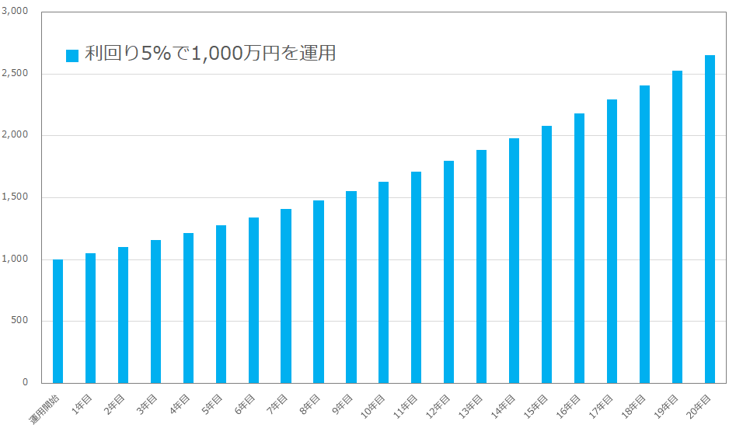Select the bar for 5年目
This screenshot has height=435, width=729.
(221, 304)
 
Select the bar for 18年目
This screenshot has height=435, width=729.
(644, 234)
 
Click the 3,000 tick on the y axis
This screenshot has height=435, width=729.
(16, 12)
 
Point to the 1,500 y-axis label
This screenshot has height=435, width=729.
(16, 197)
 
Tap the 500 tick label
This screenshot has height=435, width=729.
(19, 321)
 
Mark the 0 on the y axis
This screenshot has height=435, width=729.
(25, 382)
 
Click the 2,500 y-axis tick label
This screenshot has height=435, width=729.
(16, 74)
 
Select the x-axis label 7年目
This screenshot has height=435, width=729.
(277, 405)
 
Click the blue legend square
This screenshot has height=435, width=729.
(72, 55)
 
